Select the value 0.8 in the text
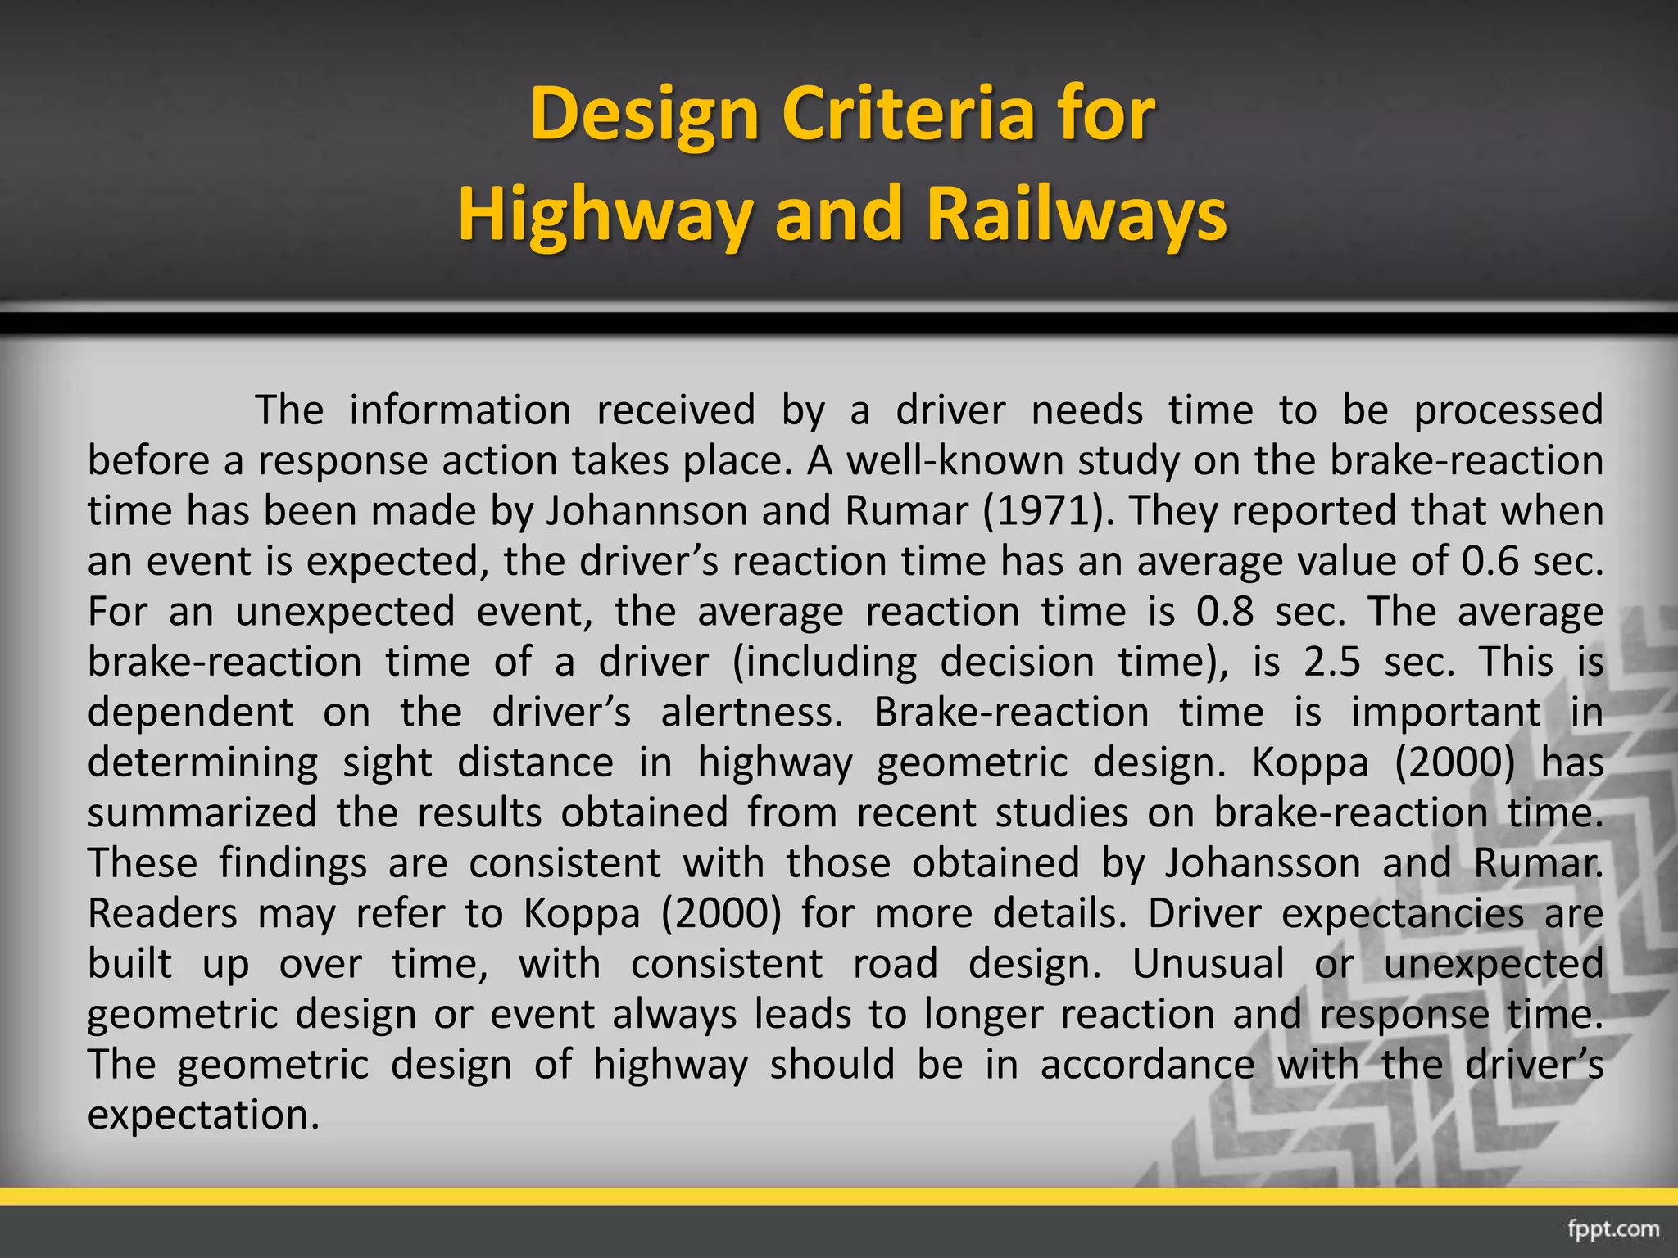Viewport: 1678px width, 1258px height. [x=1224, y=612]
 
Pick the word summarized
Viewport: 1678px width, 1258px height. [x=202, y=813]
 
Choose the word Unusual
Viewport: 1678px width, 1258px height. [x=1209, y=964]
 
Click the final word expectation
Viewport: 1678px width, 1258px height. [x=202, y=1115]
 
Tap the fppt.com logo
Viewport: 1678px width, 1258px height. [x=1613, y=1229]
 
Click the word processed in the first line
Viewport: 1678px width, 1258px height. [x=1508, y=410]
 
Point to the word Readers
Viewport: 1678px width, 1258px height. [x=162, y=914]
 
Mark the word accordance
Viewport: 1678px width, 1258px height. [x=1147, y=1065]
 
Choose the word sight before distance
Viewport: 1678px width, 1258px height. [x=387, y=763]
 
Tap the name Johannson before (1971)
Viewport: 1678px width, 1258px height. [x=647, y=511]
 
